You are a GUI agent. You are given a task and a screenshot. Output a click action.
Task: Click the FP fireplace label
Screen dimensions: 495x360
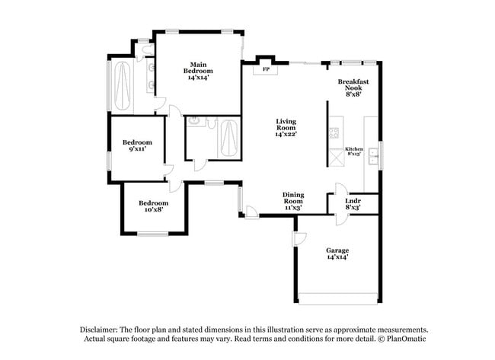[266, 69]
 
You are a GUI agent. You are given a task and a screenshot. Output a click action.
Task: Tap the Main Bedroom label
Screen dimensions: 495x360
[198, 68]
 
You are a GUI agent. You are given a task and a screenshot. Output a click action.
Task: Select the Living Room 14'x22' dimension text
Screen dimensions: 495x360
[286, 134]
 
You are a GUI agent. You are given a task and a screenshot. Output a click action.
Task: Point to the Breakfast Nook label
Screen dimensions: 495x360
[353, 84]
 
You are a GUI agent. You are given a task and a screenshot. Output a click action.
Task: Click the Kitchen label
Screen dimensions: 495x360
[354, 149]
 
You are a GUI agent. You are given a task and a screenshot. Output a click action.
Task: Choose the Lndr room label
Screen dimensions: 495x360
[353, 201]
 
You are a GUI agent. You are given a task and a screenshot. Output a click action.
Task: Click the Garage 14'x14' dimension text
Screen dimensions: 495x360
[337, 257]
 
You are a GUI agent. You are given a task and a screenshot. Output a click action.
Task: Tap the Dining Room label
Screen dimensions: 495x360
[293, 198]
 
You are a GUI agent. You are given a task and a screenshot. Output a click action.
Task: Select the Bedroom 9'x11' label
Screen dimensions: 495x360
[137, 145]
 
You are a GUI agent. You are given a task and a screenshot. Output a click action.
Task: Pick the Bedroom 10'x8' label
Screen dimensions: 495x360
[153, 206]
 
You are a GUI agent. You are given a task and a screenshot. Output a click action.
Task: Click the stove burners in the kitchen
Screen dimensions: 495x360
[334, 132]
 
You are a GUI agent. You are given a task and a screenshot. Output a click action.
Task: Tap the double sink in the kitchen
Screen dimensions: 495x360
[373, 156]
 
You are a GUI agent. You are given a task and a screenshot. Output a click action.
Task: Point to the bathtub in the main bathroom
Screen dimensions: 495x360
[122, 86]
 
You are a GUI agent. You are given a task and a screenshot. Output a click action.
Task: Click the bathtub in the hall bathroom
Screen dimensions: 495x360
[228, 139]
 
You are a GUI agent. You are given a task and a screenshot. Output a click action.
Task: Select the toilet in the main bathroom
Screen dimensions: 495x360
[148, 49]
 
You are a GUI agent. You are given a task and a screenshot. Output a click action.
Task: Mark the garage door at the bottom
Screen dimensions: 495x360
[338, 299]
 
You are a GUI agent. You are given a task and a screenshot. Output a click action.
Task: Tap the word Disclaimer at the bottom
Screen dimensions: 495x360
[99, 330]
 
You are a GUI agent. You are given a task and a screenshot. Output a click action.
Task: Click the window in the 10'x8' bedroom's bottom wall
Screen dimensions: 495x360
[153, 234]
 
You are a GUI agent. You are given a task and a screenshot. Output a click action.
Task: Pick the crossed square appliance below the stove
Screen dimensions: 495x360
[337, 157]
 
